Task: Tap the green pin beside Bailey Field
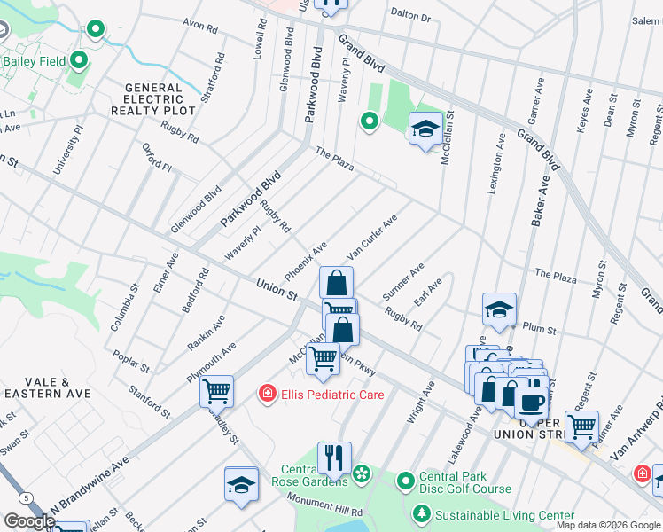tap(79, 61)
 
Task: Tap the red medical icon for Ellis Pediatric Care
tap(266, 394)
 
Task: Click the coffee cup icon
tap(531, 402)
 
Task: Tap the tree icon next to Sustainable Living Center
tap(422, 514)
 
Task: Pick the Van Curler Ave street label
tap(371, 237)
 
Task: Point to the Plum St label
tap(538, 329)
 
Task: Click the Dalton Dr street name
tap(410, 16)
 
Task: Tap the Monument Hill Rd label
tap(324, 506)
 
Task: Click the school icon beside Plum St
tap(499, 309)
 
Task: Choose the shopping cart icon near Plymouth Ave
tap(216, 390)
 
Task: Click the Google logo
tap(29, 521)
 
